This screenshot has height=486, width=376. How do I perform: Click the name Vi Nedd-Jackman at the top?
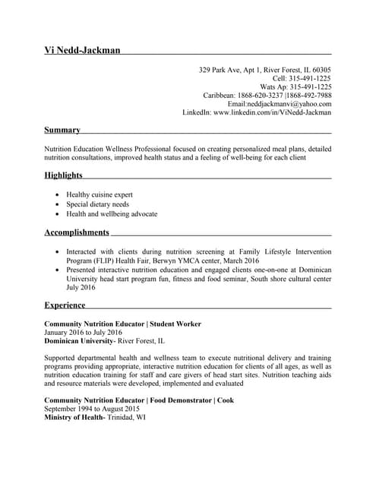pos(82,51)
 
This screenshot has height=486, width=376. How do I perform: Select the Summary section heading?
pos(62,130)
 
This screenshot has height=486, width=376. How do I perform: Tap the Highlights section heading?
pos(64,175)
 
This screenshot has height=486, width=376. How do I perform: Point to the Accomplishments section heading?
pos(77,232)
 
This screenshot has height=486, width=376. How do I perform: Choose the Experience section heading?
pos(65,305)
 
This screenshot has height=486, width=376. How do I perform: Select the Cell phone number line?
pos(302,78)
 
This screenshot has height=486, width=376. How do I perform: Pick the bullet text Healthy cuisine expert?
pos(100,194)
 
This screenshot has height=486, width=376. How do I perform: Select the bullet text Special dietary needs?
pos(97,204)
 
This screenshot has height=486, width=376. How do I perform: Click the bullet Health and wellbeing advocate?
pos(112,213)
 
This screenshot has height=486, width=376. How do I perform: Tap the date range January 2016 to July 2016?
pos(83,333)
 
